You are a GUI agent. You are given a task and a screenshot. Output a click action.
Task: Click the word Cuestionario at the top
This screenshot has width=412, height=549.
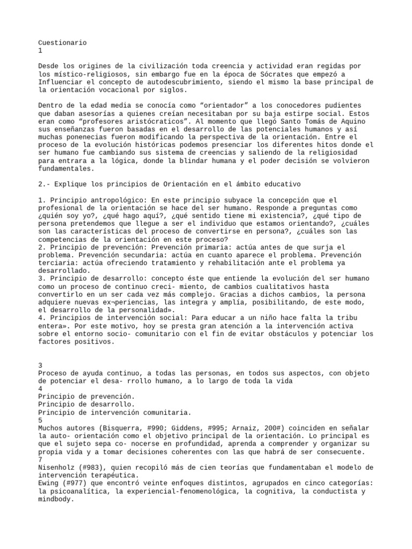[63, 42]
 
